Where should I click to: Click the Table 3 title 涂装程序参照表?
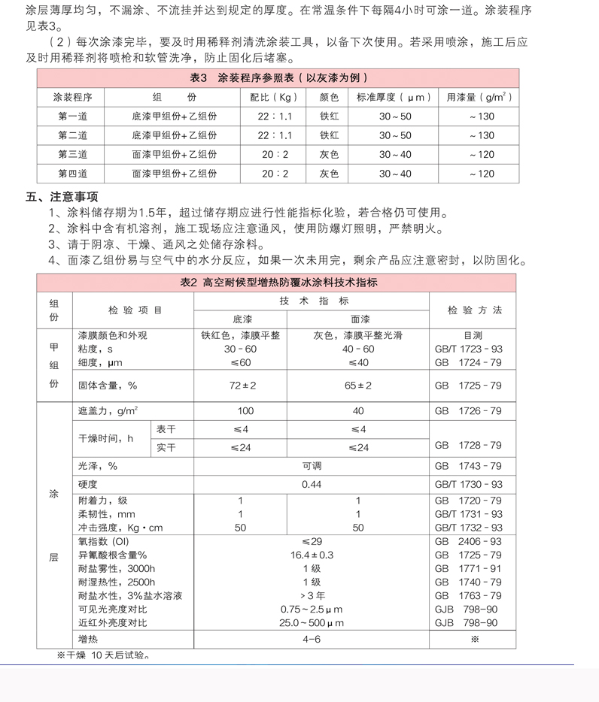point(278,77)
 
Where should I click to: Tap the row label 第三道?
point(72,154)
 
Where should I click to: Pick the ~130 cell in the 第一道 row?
point(482,116)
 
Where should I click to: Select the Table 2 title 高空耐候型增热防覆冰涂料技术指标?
point(278,283)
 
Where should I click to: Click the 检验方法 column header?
point(474,310)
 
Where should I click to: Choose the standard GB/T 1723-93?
point(468,349)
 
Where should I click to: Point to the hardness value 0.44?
point(312,485)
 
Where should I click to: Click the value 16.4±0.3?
point(312,555)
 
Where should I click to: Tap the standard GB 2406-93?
point(468,541)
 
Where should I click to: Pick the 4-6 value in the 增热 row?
point(312,639)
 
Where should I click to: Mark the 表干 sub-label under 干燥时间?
point(165,429)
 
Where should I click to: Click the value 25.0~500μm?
point(312,623)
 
